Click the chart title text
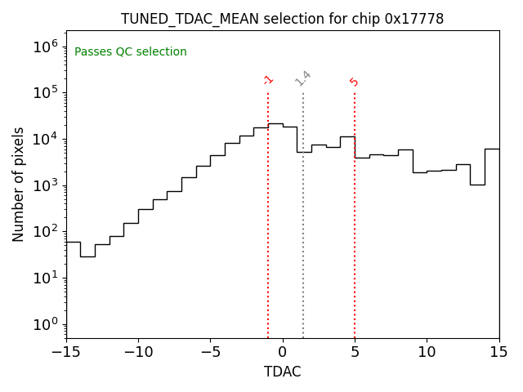tap(282, 19)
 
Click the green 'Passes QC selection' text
tap(131, 52)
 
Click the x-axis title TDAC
tap(282, 372)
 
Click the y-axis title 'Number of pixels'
tap(19, 185)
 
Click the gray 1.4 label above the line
tap(303, 78)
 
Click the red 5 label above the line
tap(354, 82)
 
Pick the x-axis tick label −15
tap(65, 352)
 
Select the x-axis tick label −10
tap(138, 352)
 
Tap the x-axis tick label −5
tap(210, 352)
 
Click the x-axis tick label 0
tap(283, 352)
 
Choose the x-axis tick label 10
tap(427, 352)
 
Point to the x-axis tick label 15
tap(498, 352)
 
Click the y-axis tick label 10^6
tap(46, 47)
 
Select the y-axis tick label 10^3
tap(46, 185)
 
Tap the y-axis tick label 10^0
tap(46, 324)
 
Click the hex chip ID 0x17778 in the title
tap(414, 19)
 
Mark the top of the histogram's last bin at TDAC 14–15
tap(492, 149)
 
